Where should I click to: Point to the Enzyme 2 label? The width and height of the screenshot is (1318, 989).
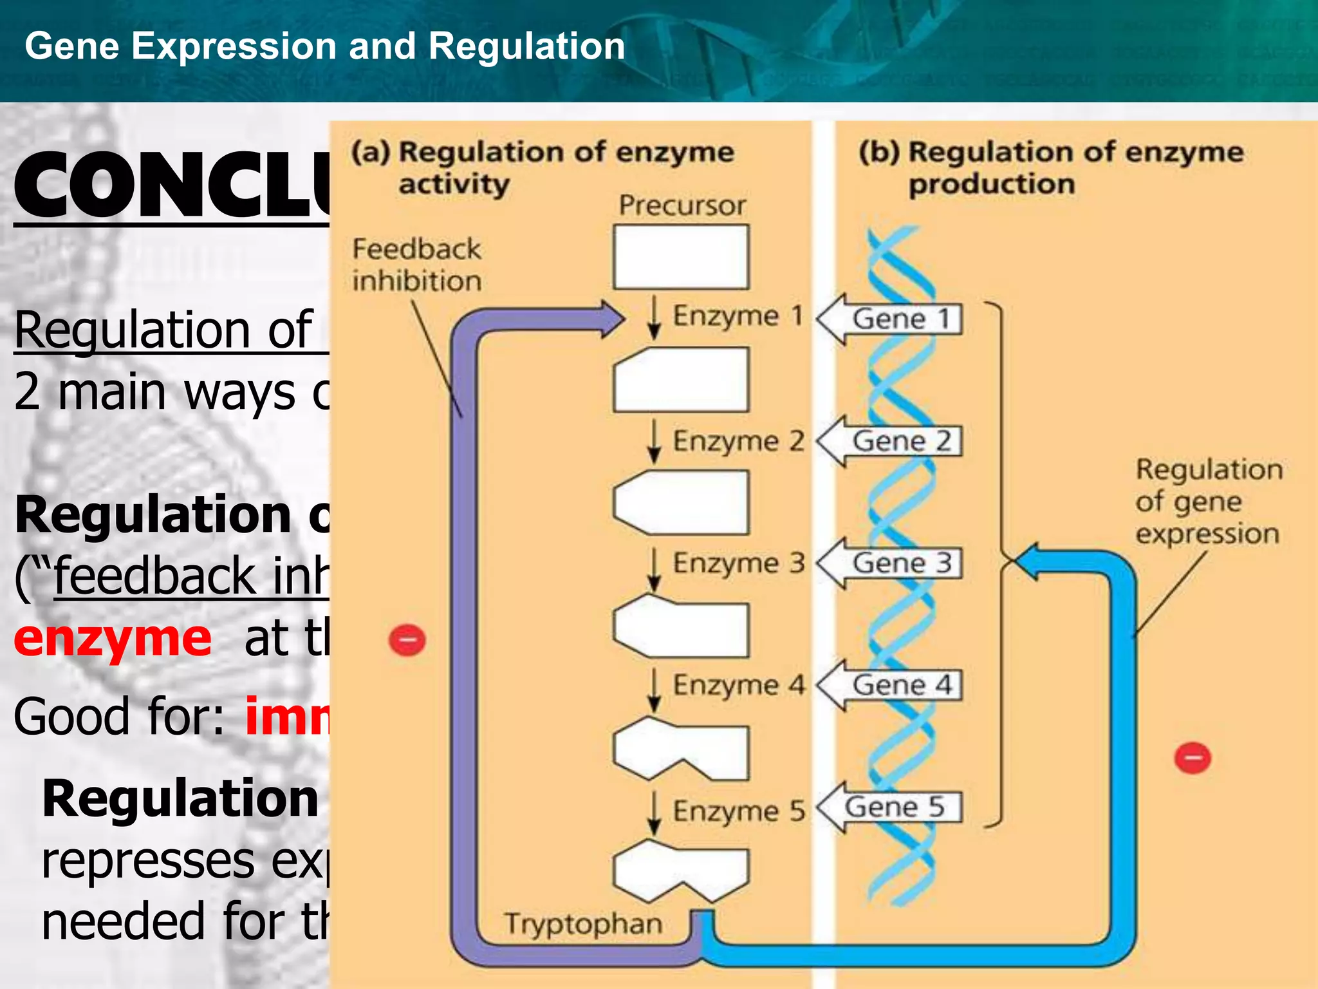click(739, 442)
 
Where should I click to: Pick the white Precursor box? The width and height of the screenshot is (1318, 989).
click(681, 257)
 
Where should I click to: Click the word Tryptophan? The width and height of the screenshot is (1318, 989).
click(583, 923)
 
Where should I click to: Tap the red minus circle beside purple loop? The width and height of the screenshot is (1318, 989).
click(407, 641)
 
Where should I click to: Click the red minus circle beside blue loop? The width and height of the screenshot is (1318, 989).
click(1193, 758)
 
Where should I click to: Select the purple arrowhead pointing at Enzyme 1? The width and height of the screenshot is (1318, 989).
click(612, 318)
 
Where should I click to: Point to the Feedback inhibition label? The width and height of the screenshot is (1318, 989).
click(416, 265)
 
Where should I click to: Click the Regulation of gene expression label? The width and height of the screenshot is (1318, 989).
click(1208, 502)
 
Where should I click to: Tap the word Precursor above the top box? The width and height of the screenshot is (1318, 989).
click(682, 206)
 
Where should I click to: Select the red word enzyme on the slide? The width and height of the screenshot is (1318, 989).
click(113, 639)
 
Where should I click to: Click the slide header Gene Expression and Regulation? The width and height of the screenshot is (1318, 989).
click(325, 46)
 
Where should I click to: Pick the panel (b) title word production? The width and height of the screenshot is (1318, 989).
click(991, 184)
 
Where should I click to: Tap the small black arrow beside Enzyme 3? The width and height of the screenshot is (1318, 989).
click(654, 569)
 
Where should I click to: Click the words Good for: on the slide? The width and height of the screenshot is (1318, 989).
click(119, 717)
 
